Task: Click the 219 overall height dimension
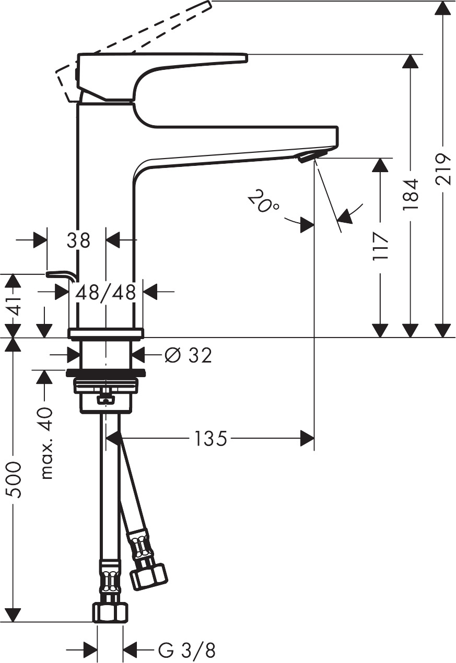point(443,169)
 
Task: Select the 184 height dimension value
point(411,194)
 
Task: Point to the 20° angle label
point(263,202)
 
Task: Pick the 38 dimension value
point(78,240)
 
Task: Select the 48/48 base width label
point(106,292)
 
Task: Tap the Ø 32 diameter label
point(188,356)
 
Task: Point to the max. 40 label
point(46,443)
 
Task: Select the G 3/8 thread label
point(186,650)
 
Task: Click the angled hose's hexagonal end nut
point(148,577)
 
